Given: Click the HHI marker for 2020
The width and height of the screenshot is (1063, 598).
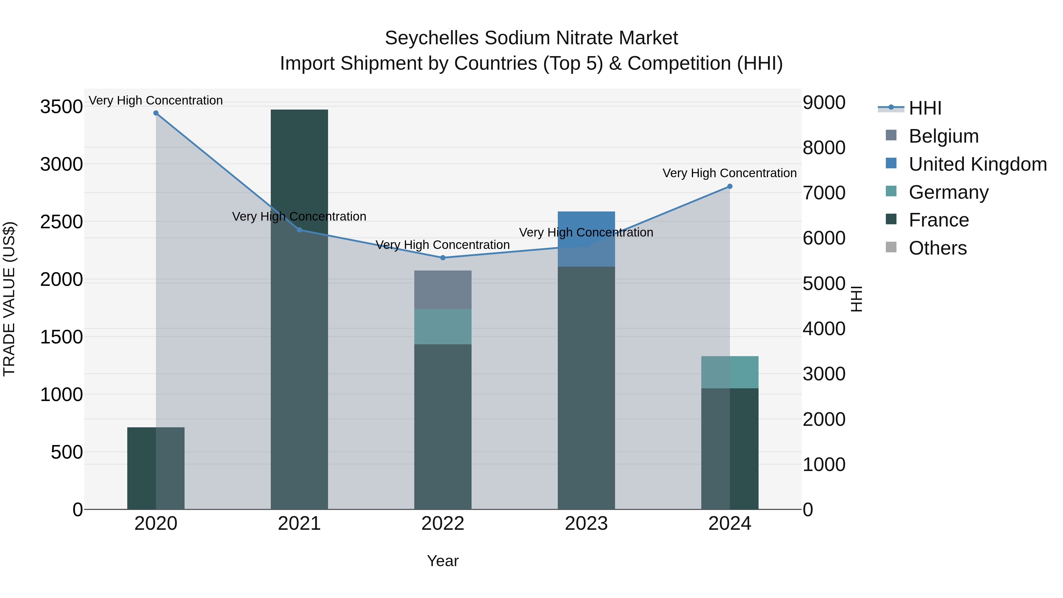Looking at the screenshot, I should point(156,113).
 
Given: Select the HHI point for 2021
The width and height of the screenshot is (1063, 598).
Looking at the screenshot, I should point(300,230).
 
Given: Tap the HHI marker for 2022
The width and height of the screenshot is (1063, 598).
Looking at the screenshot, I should point(443,258).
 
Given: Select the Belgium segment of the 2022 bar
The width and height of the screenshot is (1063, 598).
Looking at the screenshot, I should point(443,290).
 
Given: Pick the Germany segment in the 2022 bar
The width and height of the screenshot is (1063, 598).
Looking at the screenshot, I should point(443,326).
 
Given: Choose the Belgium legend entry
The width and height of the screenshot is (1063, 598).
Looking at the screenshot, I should point(943,136).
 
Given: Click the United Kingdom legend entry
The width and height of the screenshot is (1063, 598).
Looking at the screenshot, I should point(977,164).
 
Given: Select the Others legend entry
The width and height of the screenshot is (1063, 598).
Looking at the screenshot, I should point(938,248).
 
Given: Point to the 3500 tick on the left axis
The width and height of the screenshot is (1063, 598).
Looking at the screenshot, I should point(61,107).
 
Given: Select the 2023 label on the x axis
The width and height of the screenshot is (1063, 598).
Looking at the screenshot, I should point(586,524).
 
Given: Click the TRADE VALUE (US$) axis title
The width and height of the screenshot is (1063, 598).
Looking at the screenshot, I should point(9,299).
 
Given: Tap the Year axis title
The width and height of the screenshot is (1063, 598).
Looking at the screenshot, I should point(443,561).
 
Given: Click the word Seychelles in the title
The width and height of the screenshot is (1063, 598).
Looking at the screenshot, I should point(432,38).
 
